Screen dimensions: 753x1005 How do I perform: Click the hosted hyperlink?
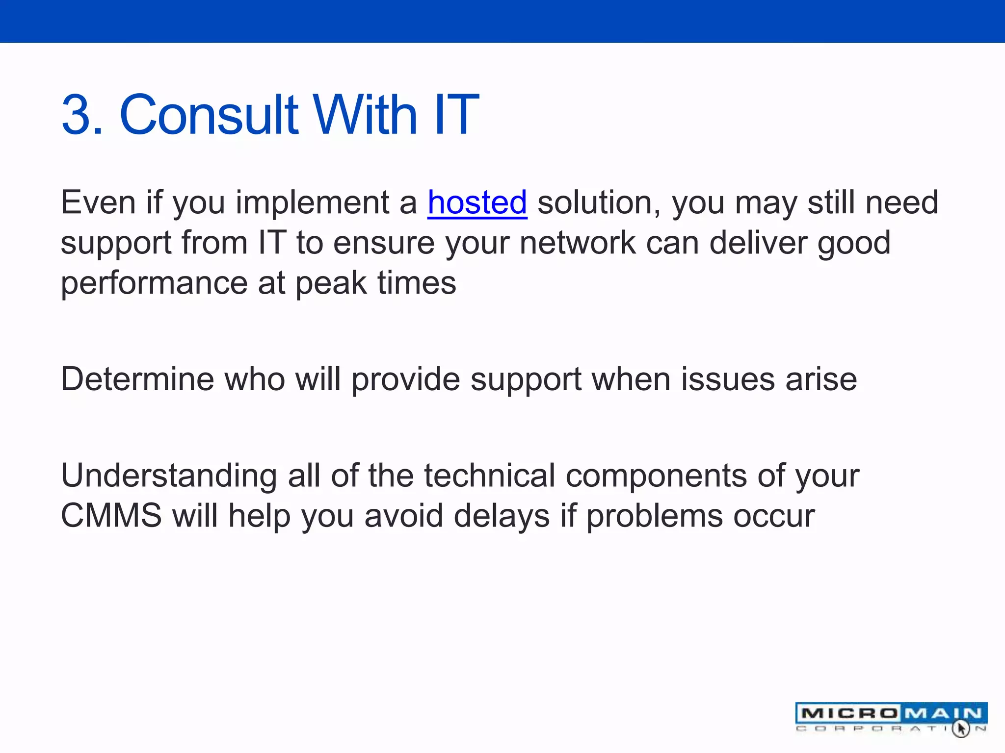[477, 202]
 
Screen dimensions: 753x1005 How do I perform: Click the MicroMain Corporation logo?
[891, 718]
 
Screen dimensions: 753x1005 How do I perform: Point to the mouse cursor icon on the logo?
[961, 728]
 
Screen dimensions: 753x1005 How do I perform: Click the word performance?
[154, 283]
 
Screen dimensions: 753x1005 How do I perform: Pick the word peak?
[331, 283]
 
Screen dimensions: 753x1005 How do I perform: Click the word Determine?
[137, 379]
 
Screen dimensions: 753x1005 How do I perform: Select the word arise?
[821, 379]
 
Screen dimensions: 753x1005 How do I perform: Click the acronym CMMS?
[111, 516]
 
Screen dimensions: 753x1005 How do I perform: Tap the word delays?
[501, 516]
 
